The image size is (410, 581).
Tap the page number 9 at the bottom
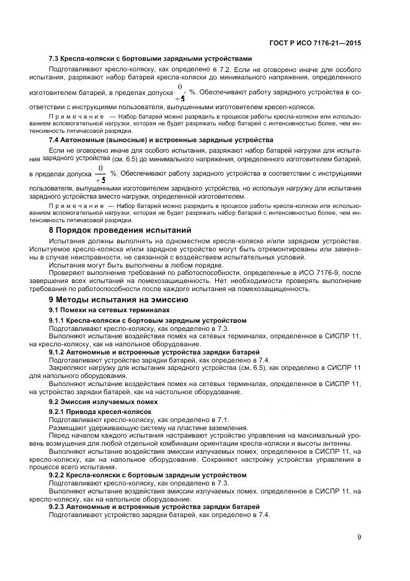(x=359, y=538)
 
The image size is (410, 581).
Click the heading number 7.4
(x=55, y=140)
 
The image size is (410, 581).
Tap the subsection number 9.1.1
(x=58, y=320)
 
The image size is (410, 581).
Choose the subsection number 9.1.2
(x=58, y=352)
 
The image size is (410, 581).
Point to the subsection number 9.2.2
(x=58, y=474)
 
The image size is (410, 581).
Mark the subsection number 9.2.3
(x=58, y=507)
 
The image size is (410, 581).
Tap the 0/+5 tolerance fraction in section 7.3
(x=180, y=92)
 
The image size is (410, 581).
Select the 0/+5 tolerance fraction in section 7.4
(x=99, y=174)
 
